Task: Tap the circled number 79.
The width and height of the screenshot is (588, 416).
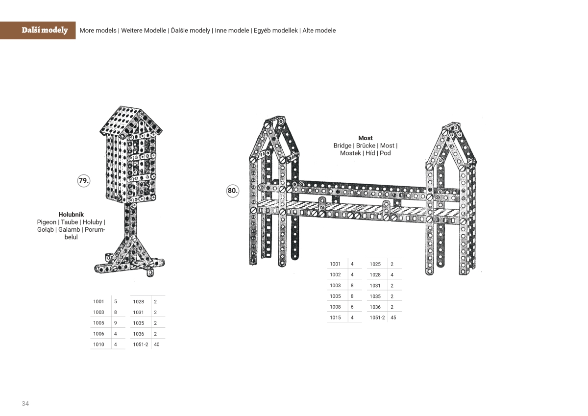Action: (x=84, y=180)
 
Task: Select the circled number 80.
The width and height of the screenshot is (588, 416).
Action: (x=233, y=191)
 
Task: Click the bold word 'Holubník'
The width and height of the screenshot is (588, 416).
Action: (x=71, y=215)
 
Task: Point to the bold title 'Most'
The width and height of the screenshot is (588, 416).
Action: (x=365, y=138)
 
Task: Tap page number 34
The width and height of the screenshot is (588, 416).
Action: (x=25, y=403)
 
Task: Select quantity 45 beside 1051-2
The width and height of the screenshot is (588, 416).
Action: (x=393, y=318)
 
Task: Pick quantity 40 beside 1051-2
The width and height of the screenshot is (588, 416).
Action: (x=157, y=344)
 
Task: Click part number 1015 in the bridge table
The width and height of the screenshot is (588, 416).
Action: (x=335, y=318)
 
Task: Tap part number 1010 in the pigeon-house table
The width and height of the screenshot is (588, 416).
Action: (x=98, y=344)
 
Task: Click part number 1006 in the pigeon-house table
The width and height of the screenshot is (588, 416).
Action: (x=98, y=334)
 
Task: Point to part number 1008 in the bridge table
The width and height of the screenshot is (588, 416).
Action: (x=335, y=307)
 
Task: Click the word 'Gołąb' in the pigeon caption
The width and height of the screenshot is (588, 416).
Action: (x=46, y=229)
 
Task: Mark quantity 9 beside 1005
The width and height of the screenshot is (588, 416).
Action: (x=115, y=323)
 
